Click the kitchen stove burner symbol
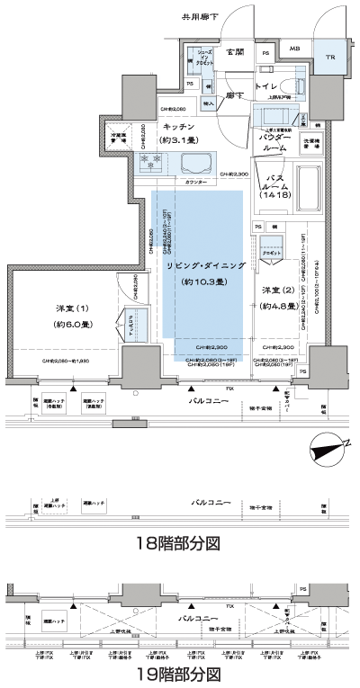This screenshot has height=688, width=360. tap(144, 163)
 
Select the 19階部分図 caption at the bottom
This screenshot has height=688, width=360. tap(179, 673)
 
